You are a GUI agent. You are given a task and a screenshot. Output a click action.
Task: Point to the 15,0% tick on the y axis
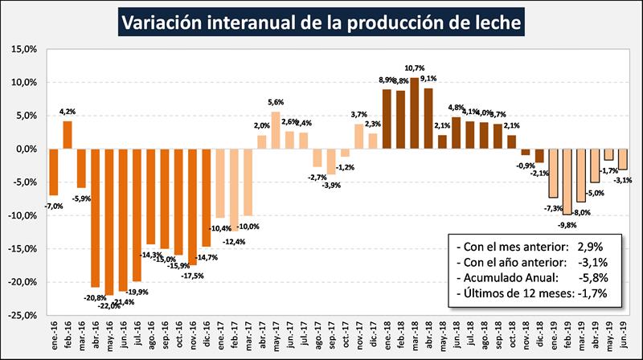pos(23,49)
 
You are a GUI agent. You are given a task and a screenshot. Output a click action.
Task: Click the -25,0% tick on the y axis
pos(22,316)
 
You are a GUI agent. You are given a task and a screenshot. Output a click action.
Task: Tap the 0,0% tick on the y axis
pos(25,149)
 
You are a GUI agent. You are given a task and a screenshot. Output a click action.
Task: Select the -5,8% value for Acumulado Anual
pos(586,278)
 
